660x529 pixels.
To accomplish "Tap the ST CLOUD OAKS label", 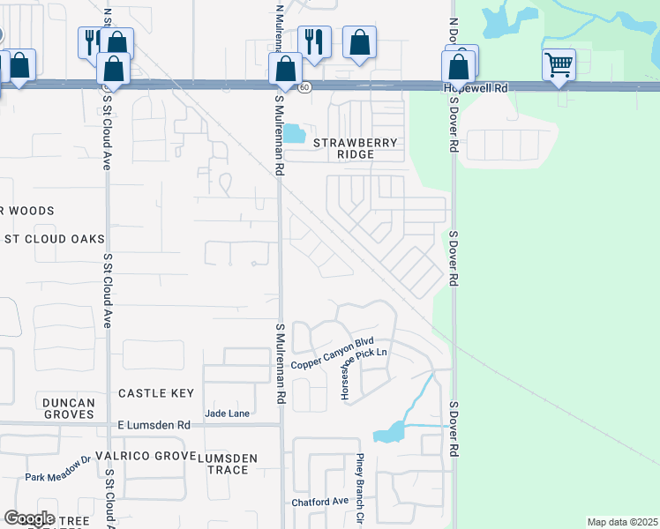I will click(55, 239).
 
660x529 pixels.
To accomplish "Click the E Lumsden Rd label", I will click(154, 424).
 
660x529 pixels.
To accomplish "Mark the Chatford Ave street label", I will click(321, 503).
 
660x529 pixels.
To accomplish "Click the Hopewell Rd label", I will click(476, 88).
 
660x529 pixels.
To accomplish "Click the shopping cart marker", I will click(559, 64).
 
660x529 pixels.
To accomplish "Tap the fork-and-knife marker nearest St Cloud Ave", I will click(91, 41).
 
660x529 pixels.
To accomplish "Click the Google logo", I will click(29, 518).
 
